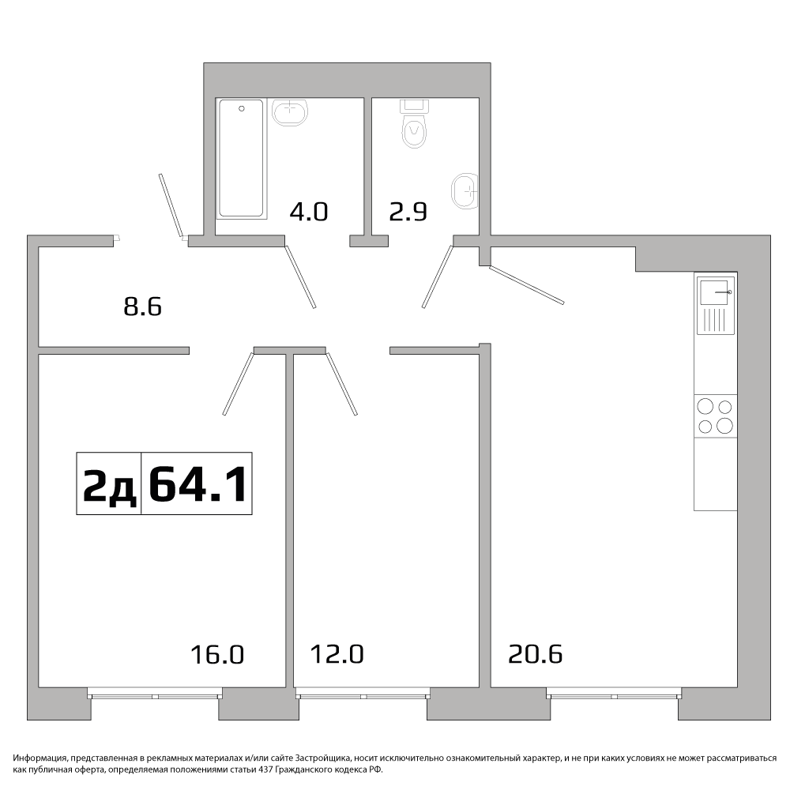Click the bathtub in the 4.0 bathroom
[241, 159]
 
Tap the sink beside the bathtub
[290, 112]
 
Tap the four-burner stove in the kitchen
[716, 416]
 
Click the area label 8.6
[142, 307]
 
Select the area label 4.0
[309, 212]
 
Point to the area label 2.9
[408, 212]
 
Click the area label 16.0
[217, 655]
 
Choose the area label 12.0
[337, 654]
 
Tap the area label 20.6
[535, 654]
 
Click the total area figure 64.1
[198, 483]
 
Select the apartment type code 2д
[109, 485]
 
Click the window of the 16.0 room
[155, 694]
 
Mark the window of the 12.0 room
[363, 694]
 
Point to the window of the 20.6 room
[614, 694]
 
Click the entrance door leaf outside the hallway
[171, 206]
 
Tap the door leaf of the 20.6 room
[526, 285]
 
